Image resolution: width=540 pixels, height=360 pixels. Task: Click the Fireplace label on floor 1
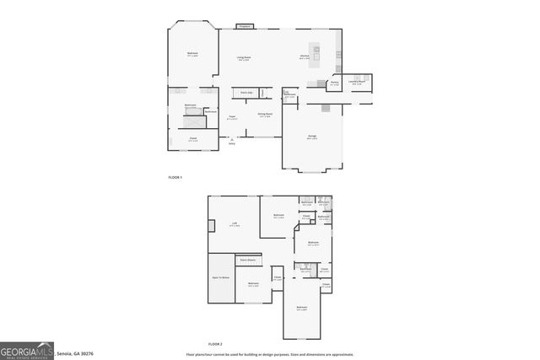[x=245, y=27]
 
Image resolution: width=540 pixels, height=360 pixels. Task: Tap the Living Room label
[x=244, y=59]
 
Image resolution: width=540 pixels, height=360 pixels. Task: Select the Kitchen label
[x=305, y=57]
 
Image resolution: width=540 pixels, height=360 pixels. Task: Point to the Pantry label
[x=335, y=83]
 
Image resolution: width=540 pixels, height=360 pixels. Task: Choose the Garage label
[x=312, y=137]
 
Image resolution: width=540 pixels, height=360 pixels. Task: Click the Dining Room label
[x=265, y=114]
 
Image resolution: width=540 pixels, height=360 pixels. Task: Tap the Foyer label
[x=231, y=118]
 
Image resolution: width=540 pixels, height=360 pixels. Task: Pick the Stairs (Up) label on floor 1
[x=247, y=92]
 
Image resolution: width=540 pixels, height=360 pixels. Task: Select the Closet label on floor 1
[x=192, y=140]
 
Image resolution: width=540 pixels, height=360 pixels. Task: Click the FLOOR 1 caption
[x=175, y=177]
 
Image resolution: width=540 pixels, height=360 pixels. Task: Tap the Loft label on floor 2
[x=235, y=224]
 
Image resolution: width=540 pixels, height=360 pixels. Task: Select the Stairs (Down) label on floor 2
[x=246, y=261]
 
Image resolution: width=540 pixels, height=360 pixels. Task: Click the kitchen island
[x=317, y=55]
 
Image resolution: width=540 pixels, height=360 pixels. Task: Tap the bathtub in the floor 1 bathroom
[x=192, y=111]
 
